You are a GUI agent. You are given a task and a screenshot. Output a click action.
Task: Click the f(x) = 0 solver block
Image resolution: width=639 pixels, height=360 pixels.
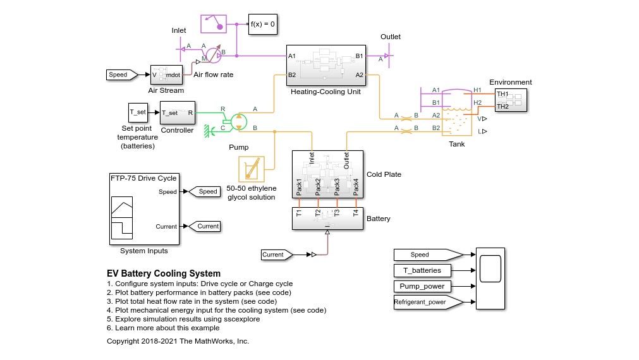pyautogui.click(x=263, y=24)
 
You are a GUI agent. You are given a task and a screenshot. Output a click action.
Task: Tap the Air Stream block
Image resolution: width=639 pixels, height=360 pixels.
pyautogui.click(x=166, y=75)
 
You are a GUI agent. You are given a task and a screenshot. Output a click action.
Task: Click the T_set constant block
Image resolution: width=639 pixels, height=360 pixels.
pyautogui.click(x=138, y=112)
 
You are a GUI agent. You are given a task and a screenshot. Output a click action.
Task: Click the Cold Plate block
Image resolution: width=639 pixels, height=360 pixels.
pyautogui.click(x=327, y=173)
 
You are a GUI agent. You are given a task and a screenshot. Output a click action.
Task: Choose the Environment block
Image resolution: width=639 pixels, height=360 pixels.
pyautogui.click(x=511, y=100)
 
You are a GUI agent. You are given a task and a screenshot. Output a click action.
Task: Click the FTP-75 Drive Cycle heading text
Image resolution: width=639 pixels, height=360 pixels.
pyautogui.click(x=143, y=178)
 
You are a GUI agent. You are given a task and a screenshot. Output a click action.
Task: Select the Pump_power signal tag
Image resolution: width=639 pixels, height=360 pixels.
pyautogui.click(x=422, y=286)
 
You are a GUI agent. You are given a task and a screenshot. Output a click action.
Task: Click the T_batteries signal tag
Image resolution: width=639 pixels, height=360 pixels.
pyautogui.click(x=422, y=270)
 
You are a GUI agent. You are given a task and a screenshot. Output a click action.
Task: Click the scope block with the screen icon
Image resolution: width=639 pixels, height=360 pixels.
pyautogui.click(x=490, y=278)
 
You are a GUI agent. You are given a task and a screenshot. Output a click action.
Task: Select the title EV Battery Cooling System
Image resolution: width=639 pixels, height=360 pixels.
pyautogui.click(x=164, y=273)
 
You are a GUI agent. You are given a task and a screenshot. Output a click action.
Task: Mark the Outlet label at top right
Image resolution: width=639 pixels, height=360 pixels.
pyautogui.click(x=390, y=37)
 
